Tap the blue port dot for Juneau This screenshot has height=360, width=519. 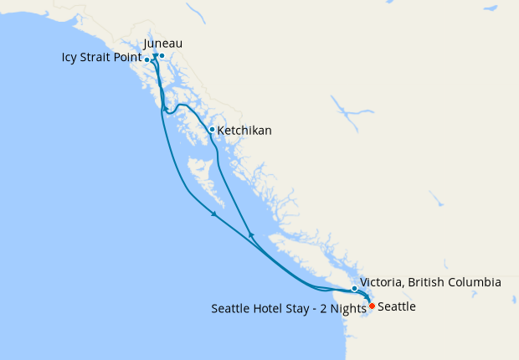pos(162,56)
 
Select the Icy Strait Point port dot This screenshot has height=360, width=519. pos(147,59)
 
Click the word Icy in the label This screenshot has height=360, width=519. pos(70,59)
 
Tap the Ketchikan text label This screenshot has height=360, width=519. pos(244,131)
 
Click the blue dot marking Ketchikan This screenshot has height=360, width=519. pos(211,130)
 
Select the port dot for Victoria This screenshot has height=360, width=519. pos(355,288)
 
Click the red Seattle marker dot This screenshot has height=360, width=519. pos(372,306)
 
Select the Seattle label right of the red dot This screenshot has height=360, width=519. pos(397,307)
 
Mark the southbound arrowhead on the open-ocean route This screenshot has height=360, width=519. pos(214,214)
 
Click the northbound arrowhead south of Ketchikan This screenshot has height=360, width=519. pos(251,234)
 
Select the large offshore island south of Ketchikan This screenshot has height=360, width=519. pos(206,180)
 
